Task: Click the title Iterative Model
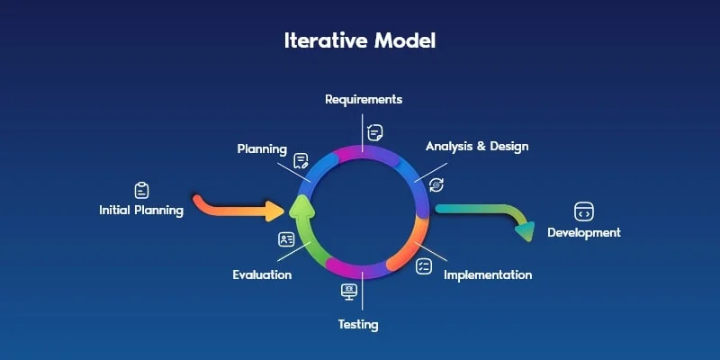point(360,41)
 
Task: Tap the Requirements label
point(364,99)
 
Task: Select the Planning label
point(262,148)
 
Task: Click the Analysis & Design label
point(477,146)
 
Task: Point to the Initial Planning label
point(141,211)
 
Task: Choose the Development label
point(584,232)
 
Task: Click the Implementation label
point(488,274)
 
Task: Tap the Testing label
point(358,324)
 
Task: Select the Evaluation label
point(262,274)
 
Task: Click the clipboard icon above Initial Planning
point(141,190)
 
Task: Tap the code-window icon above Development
point(583,211)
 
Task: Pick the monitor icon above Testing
point(349,291)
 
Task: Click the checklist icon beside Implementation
point(424,266)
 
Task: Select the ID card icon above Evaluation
point(286,239)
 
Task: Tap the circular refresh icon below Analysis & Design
point(436,184)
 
